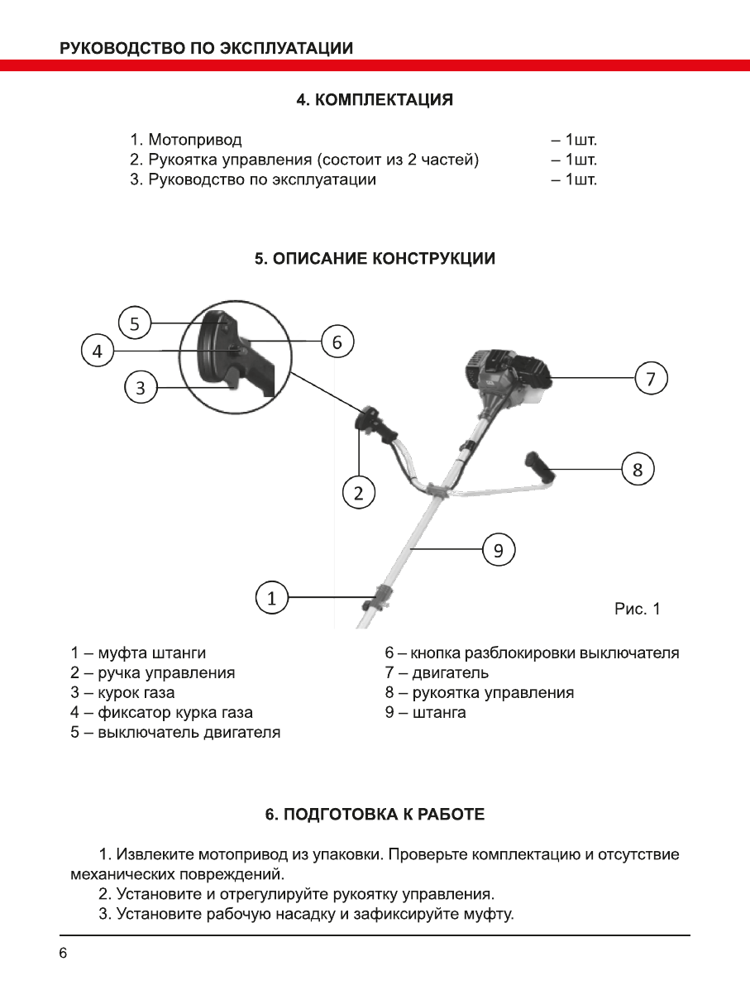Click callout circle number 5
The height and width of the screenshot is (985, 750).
136,323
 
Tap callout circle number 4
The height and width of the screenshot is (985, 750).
98,351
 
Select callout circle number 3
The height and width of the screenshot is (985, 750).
141,387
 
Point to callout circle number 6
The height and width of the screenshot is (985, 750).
337,341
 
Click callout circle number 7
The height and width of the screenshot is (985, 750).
651,379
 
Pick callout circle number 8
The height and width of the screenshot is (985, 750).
638,470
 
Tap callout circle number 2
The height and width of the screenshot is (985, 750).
359,494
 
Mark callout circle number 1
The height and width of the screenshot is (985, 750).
271,597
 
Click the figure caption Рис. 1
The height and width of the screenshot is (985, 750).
638,610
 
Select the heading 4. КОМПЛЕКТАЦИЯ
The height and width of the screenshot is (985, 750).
375,100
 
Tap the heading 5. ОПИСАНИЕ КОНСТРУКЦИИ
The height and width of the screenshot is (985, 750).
375,259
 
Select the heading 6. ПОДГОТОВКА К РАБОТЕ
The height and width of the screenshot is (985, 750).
375,815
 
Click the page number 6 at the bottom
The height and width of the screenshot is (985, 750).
63,954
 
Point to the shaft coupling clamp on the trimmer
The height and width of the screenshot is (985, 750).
382,597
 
